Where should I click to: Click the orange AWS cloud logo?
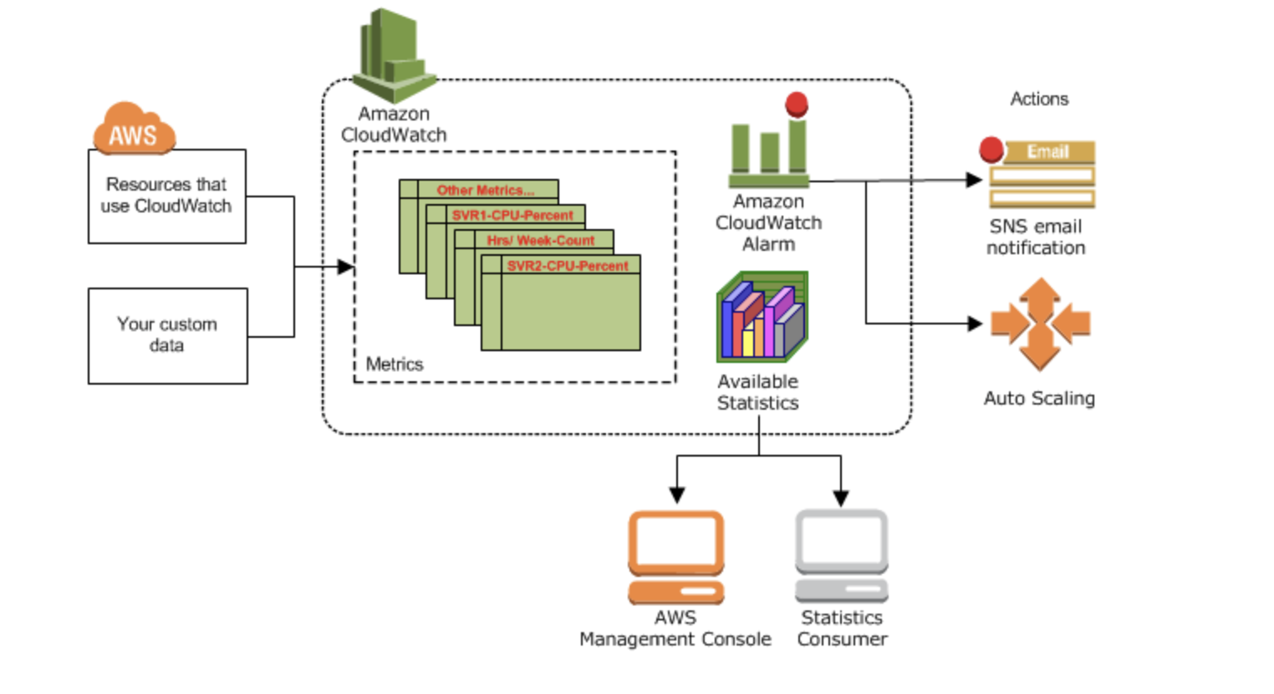(x=134, y=130)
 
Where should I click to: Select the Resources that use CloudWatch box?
(x=166, y=196)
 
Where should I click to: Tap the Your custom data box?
(x=167, y=335)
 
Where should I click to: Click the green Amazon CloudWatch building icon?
(x=392, y=55)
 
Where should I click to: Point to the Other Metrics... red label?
(x=485, y=190)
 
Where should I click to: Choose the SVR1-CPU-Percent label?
(x=512, y=215)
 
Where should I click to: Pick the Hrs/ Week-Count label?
(x=540, y=240)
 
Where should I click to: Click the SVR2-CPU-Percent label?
(x=568, y=266)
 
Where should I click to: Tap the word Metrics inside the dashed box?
(x=394, y=365)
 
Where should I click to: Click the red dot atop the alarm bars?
(x=797, y=104)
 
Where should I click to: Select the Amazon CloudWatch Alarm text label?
(x=768, y=222)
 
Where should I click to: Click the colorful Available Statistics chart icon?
(x=762, y=317)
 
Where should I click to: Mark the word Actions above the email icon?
(x=1039, y=99)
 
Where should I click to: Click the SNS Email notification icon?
(x=1041, y=174)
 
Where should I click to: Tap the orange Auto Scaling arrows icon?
(x=1040, y=324)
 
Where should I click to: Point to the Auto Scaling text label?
(x=1039, y=398)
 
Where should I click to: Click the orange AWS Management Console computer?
(x=675, y=556)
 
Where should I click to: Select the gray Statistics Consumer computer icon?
(x=841, y=555)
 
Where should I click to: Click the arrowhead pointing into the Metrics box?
(x=345, y=267)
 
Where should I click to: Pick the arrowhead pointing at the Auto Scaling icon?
(x=974, y=323)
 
